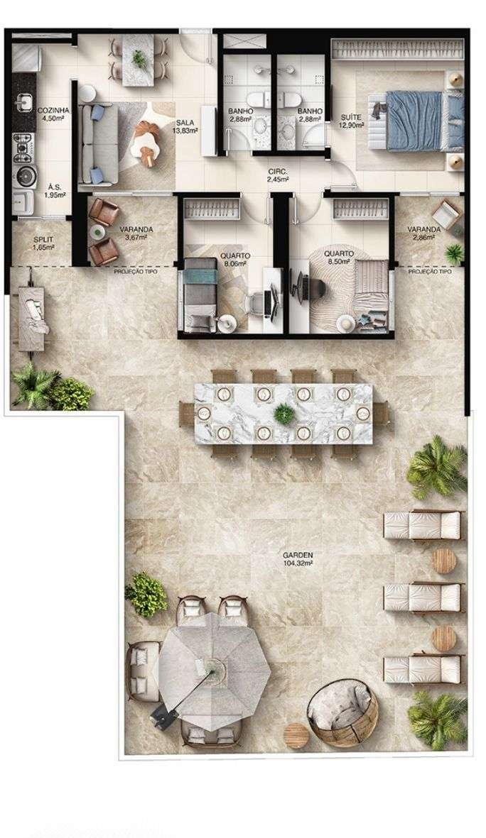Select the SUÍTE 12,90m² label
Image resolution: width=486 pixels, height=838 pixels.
[x=352, y=121]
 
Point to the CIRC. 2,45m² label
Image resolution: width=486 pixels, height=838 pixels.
[x=278, y=175]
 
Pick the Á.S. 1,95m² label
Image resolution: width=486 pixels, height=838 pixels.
[x=55, y=190]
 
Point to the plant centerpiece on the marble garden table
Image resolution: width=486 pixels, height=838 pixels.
[x=283, y=412]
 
